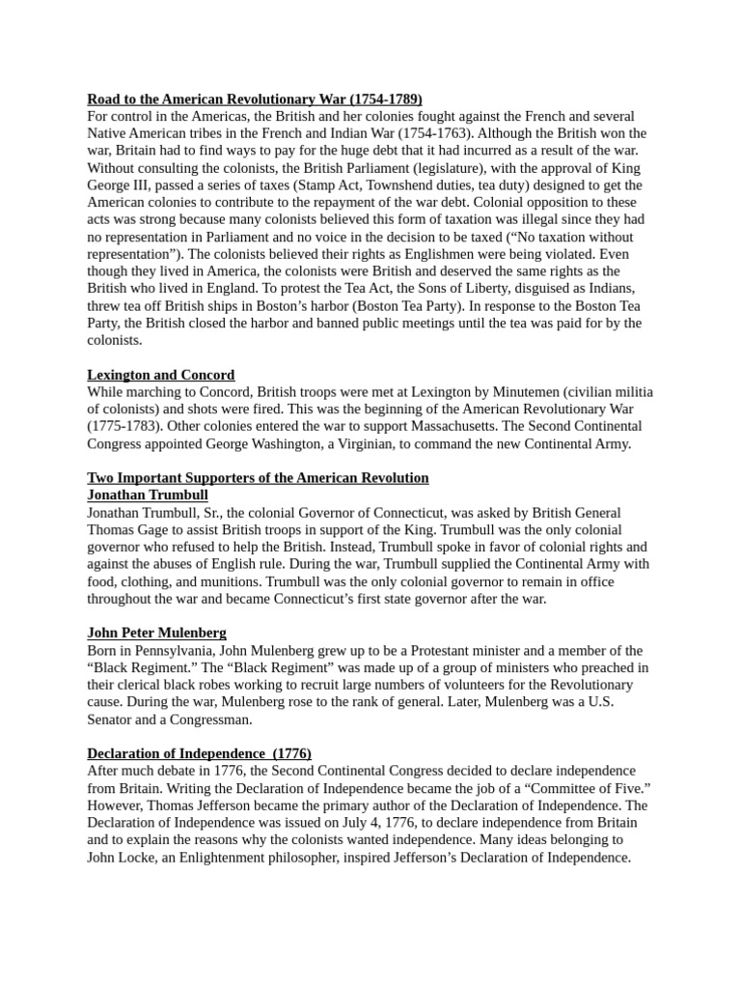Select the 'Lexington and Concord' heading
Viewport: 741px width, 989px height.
click(x=161, y=375)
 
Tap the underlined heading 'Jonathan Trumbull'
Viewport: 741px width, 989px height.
click(x=148, y=494)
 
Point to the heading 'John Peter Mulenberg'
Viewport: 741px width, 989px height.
click(x=156, y=633)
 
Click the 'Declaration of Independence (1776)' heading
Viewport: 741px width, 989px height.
click(x=200, y=753)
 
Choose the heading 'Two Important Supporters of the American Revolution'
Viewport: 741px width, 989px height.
click(x=258, y=478)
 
